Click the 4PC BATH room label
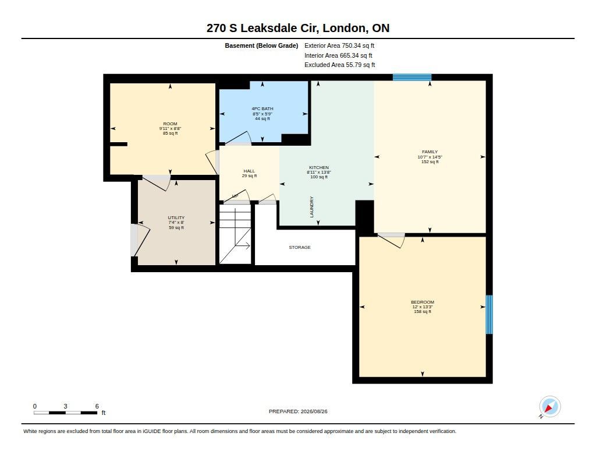[262, 108]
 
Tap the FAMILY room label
[430, 152]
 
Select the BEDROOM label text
[423, 302]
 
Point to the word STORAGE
[300, 248]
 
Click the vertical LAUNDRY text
[312, 207]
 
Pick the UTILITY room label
[176, 218]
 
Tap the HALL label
[249, 171]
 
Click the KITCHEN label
[319, 167]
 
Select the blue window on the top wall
[412, 78]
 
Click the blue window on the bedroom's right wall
[489, 315]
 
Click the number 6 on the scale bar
[97, 406]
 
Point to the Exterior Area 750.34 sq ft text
[339, 45]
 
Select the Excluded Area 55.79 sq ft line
[339, 65]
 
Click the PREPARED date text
[298, 411]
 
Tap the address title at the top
[298, 28]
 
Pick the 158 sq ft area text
[423, 312]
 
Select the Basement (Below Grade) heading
[261, 45]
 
